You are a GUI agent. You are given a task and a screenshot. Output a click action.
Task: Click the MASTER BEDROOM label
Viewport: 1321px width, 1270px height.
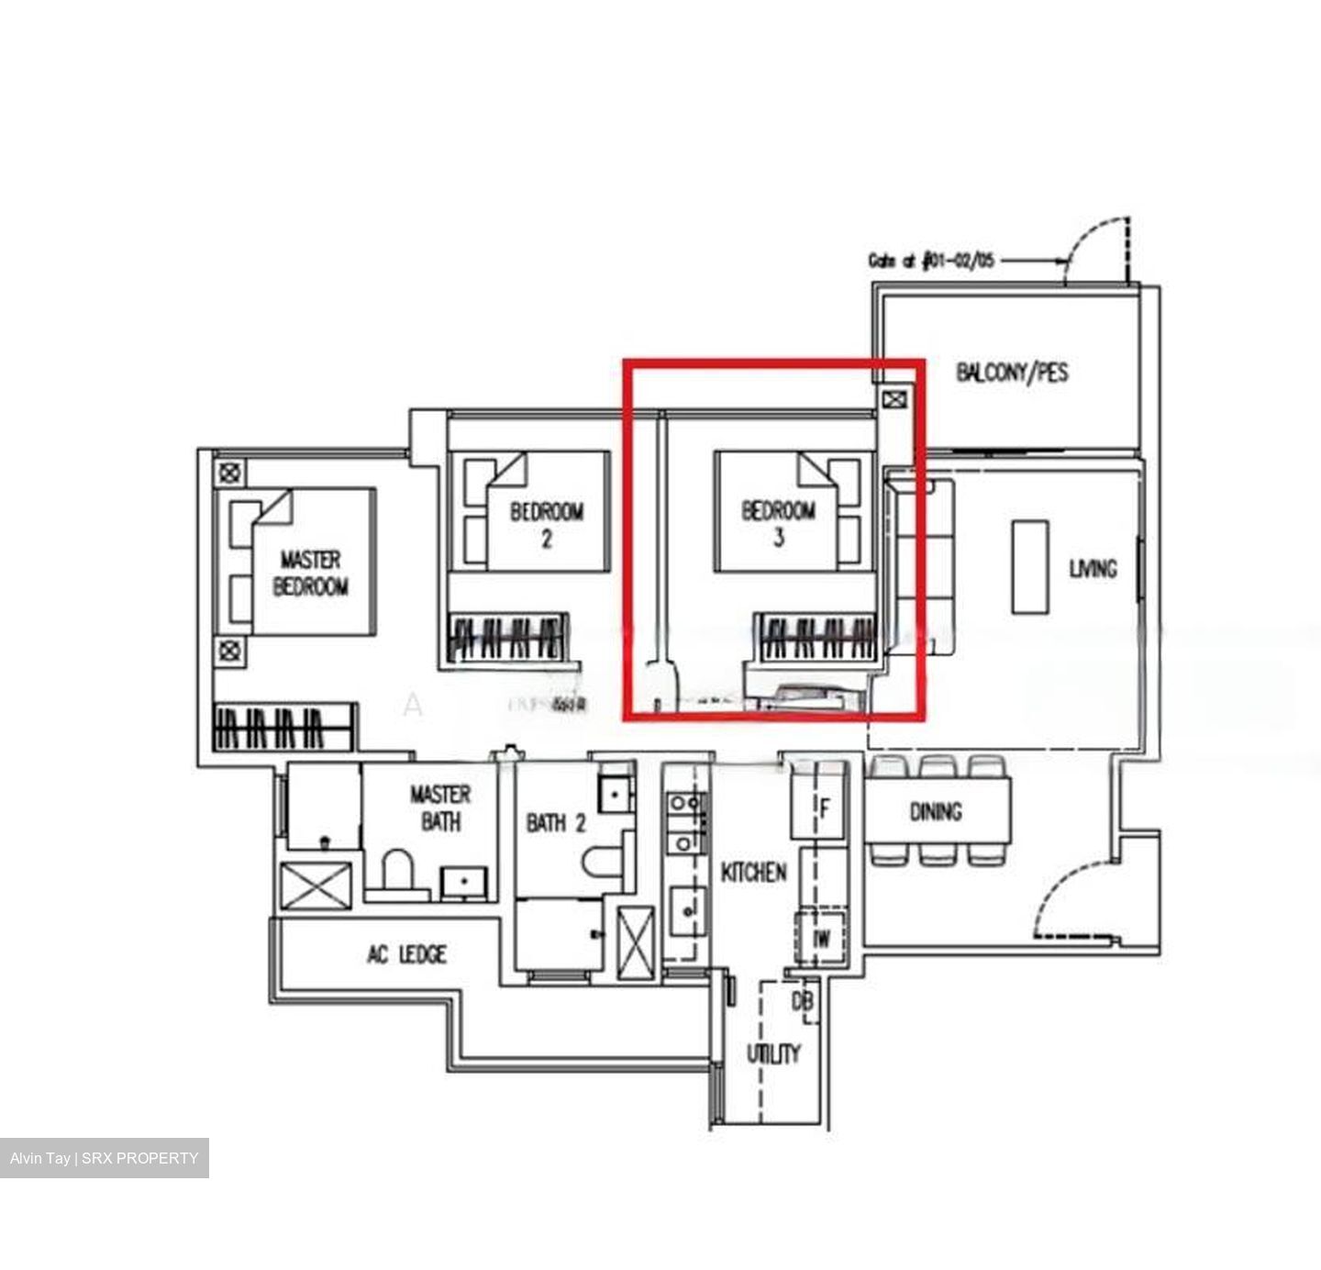[311, 573]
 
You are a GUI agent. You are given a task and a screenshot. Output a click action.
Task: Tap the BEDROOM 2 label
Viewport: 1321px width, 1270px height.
[547, 525]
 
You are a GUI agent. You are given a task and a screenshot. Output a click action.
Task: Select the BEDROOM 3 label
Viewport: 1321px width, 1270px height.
[778, 523]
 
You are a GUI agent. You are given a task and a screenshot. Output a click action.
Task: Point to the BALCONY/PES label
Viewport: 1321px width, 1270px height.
[1012, 373]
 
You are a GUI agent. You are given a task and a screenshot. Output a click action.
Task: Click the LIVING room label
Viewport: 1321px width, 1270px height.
[1093, 569]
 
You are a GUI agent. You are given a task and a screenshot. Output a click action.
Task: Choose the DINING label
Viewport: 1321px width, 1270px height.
[936, 811]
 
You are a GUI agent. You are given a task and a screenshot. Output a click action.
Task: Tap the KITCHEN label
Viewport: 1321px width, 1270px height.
[753, 872]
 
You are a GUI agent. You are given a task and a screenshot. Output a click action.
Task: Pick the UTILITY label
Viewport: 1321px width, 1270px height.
[772, 1053]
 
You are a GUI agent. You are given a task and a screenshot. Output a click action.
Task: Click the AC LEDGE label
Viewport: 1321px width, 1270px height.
[406, 955]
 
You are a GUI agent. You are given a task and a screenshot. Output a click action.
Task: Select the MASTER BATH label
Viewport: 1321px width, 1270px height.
[440, 808]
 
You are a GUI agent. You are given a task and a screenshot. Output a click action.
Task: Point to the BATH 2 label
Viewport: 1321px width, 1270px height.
[556, 823]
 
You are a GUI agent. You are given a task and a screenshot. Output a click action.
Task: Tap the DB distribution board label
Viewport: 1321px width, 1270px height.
[802, 1002]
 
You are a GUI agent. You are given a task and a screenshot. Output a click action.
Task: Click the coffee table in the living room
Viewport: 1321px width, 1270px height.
[1029, 566]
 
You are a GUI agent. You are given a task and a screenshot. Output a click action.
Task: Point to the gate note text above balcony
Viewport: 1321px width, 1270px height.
[931, 261]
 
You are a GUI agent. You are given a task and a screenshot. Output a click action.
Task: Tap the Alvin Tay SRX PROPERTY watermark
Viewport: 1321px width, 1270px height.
[105, 1158]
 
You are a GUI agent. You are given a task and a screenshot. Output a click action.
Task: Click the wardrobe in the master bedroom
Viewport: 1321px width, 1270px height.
[283, 728]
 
